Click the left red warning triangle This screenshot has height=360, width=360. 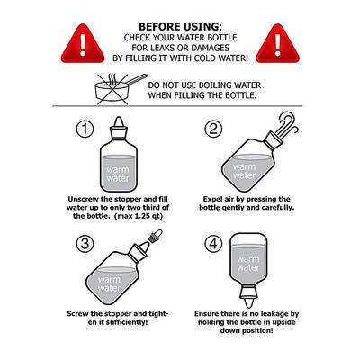83,44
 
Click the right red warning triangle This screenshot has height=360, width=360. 277,44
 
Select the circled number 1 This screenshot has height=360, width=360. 85,130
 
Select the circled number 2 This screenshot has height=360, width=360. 213,130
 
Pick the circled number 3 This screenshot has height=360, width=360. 85,244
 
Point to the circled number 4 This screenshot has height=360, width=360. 213,244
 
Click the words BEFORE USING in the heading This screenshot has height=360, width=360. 179,27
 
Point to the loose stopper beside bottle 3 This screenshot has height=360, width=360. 156,236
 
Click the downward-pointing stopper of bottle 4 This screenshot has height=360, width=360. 248,296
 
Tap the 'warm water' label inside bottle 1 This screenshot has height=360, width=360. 118,174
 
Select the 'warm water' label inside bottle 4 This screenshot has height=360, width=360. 248,263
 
